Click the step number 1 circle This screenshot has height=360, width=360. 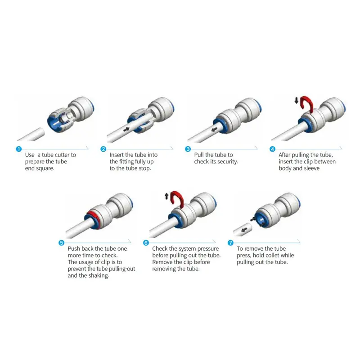click(x=18, y=149)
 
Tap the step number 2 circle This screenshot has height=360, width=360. click(x=103, y=149)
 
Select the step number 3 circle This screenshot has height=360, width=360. click(x=188, y=149)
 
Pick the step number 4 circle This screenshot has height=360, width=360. click(x=272, y=149)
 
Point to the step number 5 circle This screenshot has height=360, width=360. click(x=61, y=243)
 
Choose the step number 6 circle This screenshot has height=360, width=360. click(x=146, y=243)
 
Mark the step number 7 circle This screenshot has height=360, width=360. click(x=230, y=243)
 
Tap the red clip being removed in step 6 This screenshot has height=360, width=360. click(x=178, y=195)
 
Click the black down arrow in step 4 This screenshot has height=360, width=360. click(x=297, y=100)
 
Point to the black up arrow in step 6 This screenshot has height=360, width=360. click(x=166, y=196)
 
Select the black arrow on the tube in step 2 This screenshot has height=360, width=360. click(x=126, y=130)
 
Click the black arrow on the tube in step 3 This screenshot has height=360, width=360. click(x=214, y=130)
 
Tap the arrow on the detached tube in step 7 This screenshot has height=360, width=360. click(x=244, y=229)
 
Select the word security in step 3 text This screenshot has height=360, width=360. click(x=228, y=162)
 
